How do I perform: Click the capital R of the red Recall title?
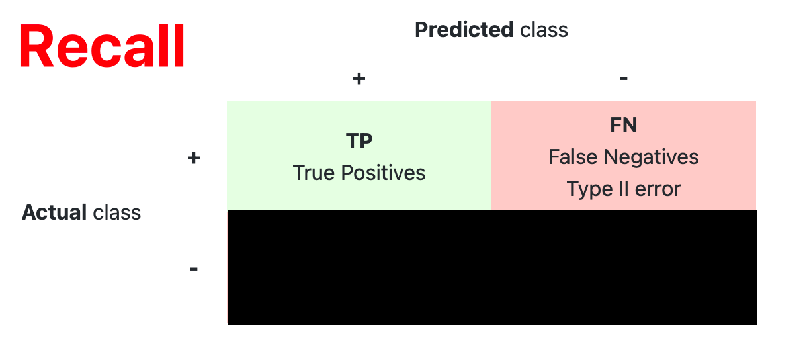click(x=36, y=46)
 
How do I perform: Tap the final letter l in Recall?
click(x=180, y=45)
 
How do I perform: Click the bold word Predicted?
click(x=464, y=30)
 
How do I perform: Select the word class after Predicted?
click(x=544, y=30)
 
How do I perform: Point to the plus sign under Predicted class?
click(x=359, y=79)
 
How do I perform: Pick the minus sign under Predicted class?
click(x=623, y=79)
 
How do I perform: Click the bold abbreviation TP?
click(x=359, y=140)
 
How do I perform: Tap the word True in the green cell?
click(x=314, y=173)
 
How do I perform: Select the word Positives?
click(x=383, y=173)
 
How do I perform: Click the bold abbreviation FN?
click(x=623, y=125)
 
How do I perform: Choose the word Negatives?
click(x=651, y=157)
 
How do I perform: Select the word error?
click(x=657, y=190)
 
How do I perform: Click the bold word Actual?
click(x=54, y=212)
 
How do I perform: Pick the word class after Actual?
click(x=117, y=212)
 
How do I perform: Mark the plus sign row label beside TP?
click(x=194, y=158)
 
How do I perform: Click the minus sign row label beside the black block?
click(x=194, y=269)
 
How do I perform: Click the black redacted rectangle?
click(x=492, y=268)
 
